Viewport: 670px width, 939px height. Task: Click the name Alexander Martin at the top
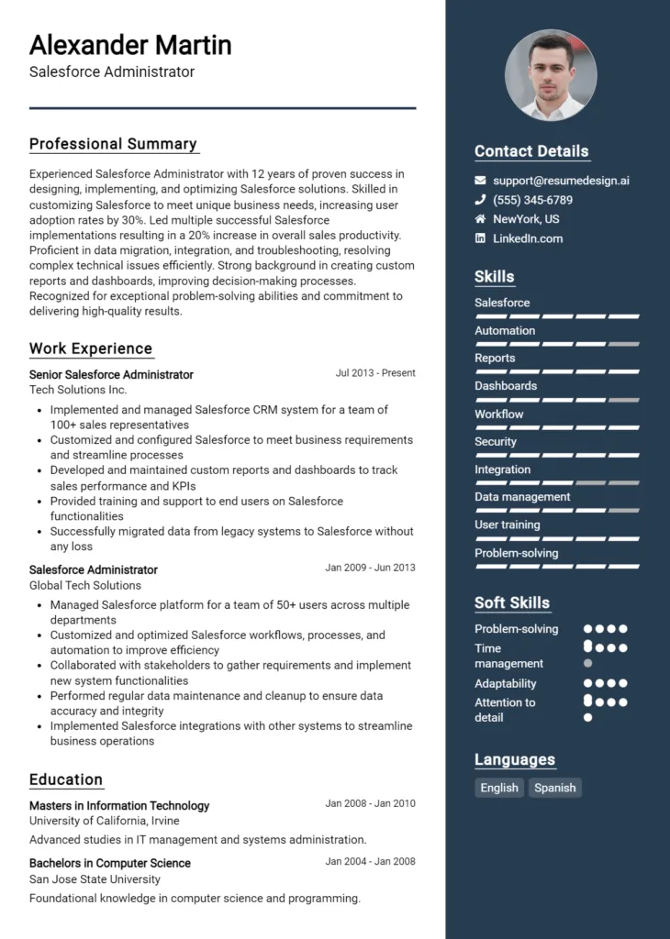coord(130,45)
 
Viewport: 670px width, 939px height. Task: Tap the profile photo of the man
coord(551,75)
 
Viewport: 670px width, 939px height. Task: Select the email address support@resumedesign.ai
coord(561,181)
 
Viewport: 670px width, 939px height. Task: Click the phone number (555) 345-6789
coord(532,200)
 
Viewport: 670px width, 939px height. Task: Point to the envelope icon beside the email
coord(480,181)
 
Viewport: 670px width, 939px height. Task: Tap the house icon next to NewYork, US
coord(480,219)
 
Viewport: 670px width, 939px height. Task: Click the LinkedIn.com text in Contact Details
coord(528,238)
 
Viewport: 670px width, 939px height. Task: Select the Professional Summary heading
coord(113,144)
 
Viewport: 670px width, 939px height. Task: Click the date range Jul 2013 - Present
coord(375,373)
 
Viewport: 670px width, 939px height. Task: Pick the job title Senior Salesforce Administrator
coord(111,374)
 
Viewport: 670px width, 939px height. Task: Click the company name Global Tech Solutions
coord(85,585)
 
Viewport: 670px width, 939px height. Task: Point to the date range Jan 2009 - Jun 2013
coord(370,568)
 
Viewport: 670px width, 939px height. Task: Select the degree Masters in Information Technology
coord(119,806)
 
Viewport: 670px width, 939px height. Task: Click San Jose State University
coord(95,879)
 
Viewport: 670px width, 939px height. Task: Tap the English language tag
coord(499,788)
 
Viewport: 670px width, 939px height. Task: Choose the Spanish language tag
coord(555,788)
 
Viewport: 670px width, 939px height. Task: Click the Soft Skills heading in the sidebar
coord(512,602)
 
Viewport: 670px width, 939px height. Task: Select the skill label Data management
coord(522,497)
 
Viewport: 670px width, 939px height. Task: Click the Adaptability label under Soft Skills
coord(505,683)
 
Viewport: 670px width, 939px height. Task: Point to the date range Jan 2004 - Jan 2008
coord(370,862)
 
